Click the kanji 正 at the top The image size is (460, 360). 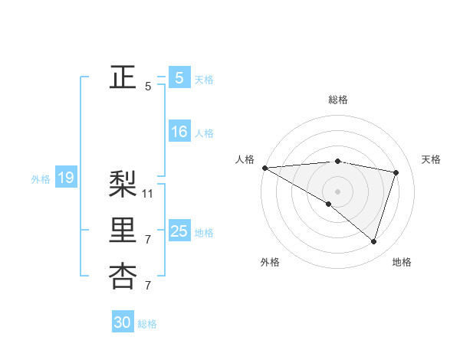coord(123,77)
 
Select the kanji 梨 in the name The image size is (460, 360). coord(123,184)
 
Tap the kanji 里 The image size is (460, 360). coord(123,231)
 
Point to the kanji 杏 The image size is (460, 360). coord(123,277)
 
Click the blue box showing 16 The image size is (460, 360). coord(179,133)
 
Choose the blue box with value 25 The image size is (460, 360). coord(179,231)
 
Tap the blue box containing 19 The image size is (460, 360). coord(65,178)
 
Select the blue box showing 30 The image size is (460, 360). coord(123,322)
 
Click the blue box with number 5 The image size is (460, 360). coord(179,78)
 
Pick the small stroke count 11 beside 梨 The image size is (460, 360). coord(148,193)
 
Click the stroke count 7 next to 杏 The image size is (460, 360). coord(148,286)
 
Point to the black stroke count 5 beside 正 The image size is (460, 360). coord(148,87)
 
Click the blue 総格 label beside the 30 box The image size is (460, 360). coord(147,324)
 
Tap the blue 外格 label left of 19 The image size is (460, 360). coord(41,179)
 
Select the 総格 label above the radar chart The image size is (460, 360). coord(337,100)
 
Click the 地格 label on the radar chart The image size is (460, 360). coord(402,262)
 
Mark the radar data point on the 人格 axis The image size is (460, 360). coord(264,168)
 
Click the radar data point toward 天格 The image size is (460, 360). coord(396,172)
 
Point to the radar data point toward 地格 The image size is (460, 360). coord(373,241)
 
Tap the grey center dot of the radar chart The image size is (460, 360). coord(337,191)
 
